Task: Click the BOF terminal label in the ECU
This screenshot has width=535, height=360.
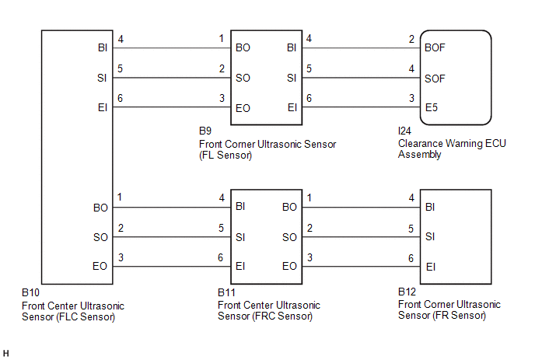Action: (435, 47)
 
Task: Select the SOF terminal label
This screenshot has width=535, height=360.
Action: (435, 79)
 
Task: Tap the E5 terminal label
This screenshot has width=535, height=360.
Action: (432, 107)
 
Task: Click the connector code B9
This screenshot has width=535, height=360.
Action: (205, 131)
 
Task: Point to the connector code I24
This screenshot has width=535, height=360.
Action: (404, 131)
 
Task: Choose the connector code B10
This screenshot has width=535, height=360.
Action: (30, 292)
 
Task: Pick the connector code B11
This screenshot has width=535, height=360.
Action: (226, 292)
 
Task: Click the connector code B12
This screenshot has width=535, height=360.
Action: (407, 292)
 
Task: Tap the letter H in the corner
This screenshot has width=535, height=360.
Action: (5, 354)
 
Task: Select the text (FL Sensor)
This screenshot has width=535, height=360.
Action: (226, 156)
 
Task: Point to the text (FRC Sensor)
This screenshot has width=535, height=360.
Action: (282, 316)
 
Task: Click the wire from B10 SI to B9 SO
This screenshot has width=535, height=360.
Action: (172, 78)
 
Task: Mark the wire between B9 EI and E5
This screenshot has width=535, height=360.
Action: (361, 107)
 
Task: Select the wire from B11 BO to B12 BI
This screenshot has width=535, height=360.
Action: (361, 207)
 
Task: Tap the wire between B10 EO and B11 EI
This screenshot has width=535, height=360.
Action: (172, 266)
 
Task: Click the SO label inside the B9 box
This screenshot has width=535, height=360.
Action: (243, 78)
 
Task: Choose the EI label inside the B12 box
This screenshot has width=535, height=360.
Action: (431, 267)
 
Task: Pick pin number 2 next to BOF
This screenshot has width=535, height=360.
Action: (411, 39)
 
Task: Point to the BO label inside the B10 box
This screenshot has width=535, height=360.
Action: (100, 208)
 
